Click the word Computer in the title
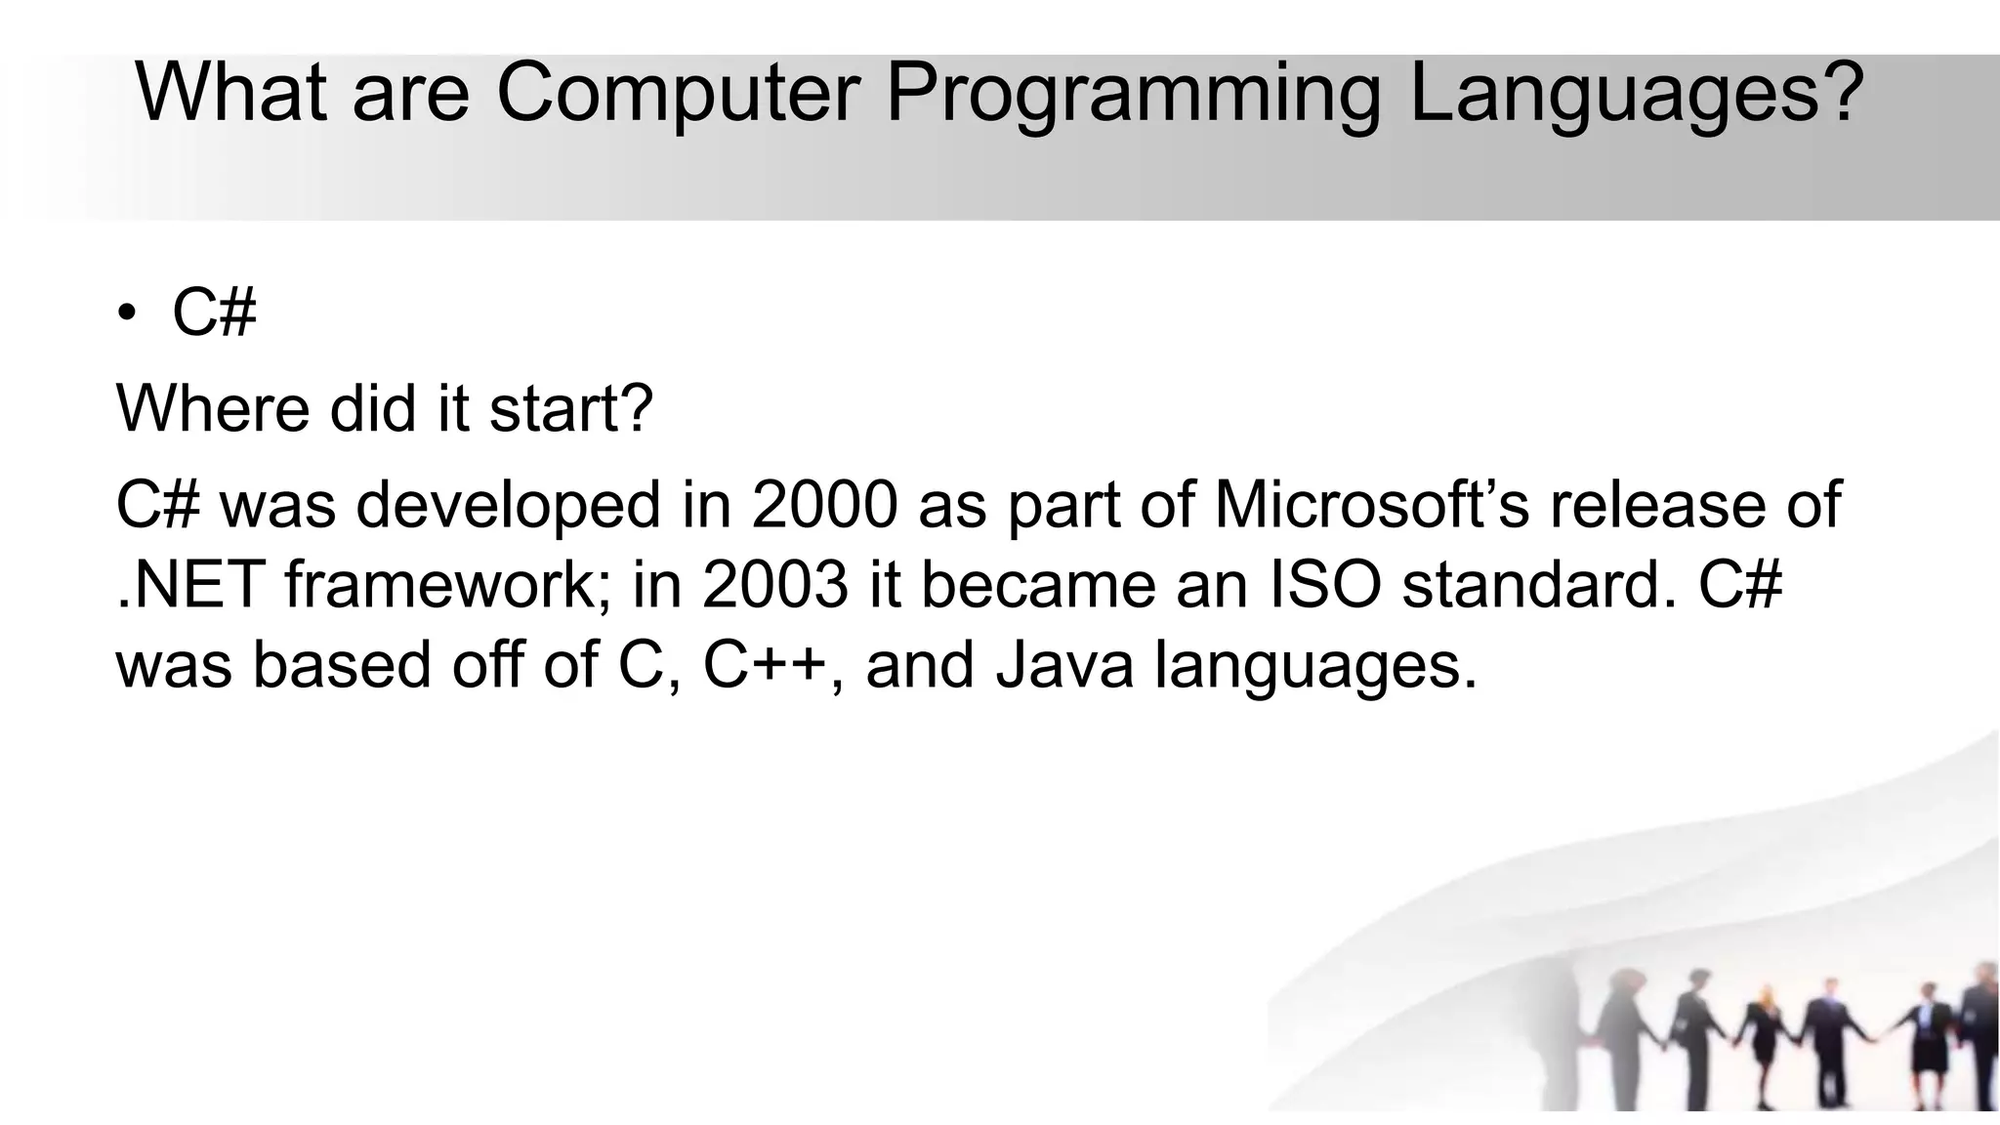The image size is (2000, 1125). point(678,93)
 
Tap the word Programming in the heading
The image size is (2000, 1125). point(1133,95)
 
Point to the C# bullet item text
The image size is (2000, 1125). point(214,312)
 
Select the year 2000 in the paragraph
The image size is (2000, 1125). point(824,504)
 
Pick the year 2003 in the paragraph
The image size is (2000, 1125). point(774,584)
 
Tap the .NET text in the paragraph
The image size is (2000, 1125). point(190,584)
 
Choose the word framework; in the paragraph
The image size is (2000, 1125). point(448,584)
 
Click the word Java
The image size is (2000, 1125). point(1064,664)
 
